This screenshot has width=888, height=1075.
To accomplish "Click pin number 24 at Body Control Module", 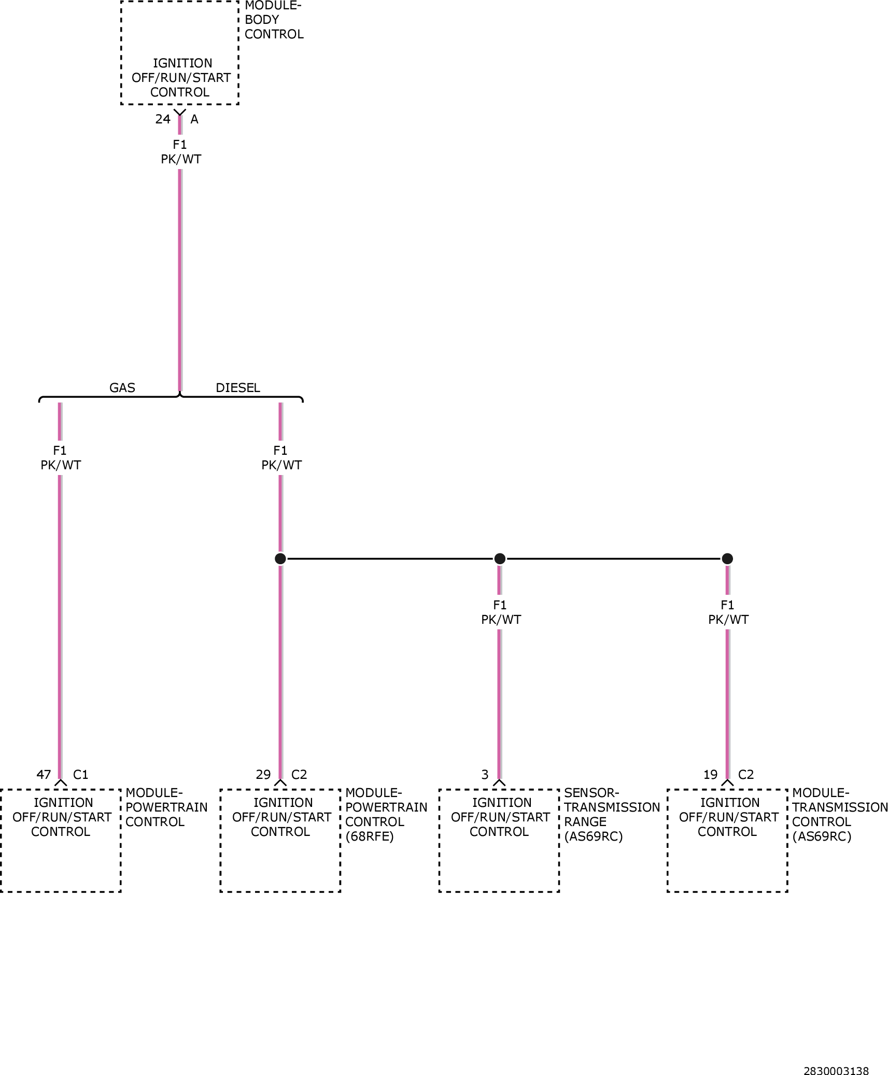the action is point(163,119).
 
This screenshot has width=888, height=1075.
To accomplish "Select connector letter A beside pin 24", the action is point(194,119).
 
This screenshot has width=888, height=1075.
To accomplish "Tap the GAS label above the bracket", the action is point(122,387).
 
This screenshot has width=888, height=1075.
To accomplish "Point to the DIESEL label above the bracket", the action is point(238,387).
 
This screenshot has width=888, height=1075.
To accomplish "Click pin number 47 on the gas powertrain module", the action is point(44,774).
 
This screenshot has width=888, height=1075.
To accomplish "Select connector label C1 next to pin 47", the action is point(81,774).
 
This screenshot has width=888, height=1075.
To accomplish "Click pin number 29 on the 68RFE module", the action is point(263,774).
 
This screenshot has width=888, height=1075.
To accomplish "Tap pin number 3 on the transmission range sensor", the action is point(485,774).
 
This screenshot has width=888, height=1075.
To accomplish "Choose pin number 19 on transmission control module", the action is point(711,774).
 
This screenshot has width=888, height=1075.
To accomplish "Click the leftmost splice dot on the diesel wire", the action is point(280,559).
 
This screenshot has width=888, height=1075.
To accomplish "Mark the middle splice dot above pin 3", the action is point(500,559).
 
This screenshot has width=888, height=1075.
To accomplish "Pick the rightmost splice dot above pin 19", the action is point(727,559).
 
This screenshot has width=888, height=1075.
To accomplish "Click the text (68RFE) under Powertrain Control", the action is point(370,836).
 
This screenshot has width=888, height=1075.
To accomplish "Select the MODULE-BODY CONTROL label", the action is point(274,20).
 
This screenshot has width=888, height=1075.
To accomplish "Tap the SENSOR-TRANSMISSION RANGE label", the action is point(612,815).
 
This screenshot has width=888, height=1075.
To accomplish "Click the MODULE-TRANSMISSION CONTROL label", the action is point(840,815).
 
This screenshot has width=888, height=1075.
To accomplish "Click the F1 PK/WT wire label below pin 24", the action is point(180,152).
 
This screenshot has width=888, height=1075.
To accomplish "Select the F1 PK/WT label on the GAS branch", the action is point(61,458).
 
